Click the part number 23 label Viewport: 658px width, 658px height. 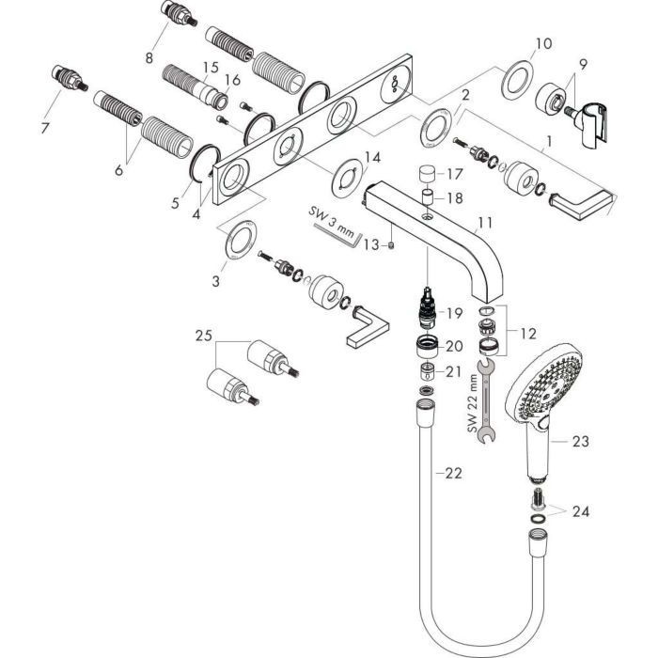(580, 438)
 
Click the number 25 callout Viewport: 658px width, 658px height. (205, 335)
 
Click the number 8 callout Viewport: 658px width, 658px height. (149, 57)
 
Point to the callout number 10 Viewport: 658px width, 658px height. (543, 43)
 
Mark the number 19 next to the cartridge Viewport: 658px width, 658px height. (455, 313)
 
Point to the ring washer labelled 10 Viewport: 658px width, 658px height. (516, 82)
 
